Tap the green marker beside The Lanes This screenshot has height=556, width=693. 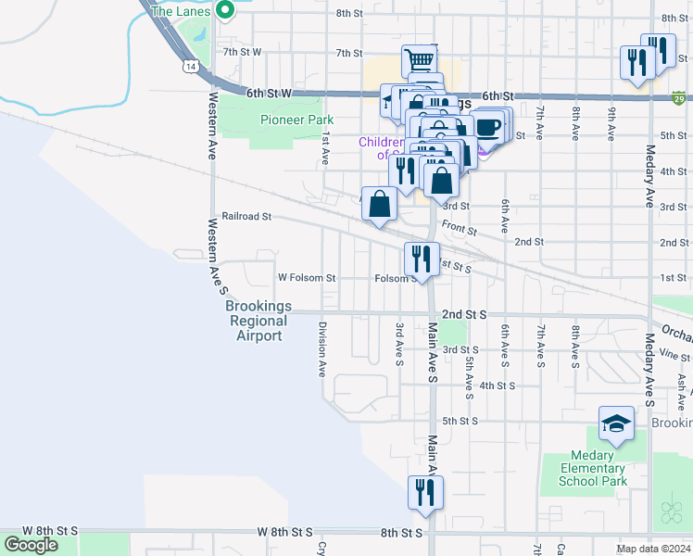point(224,11)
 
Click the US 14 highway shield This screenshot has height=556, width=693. point(190,67)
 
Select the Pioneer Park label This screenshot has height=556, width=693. point(296,120)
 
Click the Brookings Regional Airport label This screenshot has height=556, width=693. point(258,321)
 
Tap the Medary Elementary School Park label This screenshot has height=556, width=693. point(593,468)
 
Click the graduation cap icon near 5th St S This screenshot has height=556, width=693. point(616,424)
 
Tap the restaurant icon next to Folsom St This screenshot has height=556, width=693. point(422,259)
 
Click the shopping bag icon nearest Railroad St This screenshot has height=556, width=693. point(381,205)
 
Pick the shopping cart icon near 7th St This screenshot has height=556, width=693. point(420,61)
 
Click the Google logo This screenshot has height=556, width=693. point(30,545)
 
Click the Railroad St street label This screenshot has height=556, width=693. point(246,216)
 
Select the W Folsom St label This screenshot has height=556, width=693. point(307,277)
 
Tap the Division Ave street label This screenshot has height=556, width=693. point(322,348)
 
